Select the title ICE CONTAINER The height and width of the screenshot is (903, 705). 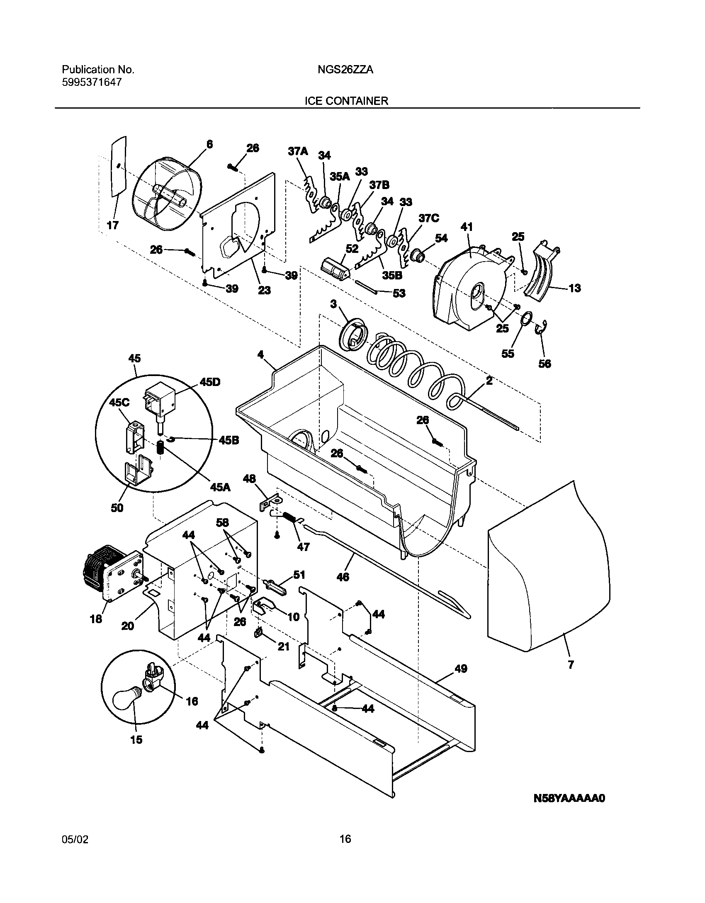tap(346, 101)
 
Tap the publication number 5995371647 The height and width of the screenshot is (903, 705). tap(92, 82)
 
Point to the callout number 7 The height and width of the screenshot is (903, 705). tap(571, 665)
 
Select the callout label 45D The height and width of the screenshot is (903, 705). tap(210, 382)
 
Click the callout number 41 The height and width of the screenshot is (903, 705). tap(467, 227)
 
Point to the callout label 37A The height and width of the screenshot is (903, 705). tap(298, 152)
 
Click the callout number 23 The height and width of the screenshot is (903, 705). tap(264, 290)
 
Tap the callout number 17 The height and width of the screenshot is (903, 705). tap(112, 225)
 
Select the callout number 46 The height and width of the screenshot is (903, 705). tap(343, 576)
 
